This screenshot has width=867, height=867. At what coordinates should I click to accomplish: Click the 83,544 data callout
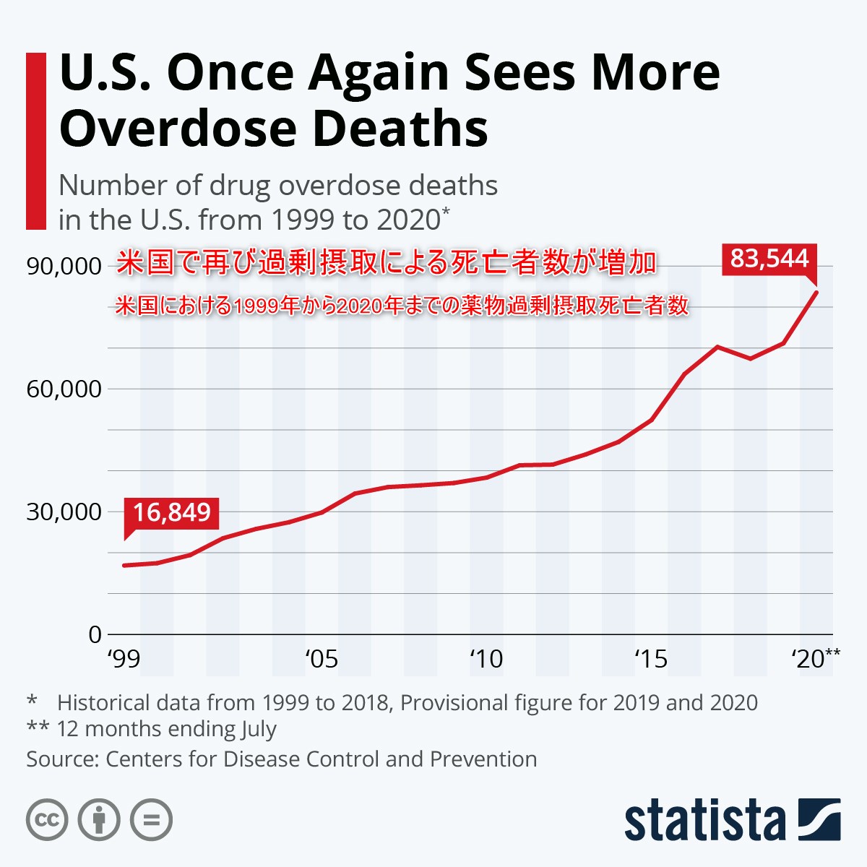pyautogui.click(x=769, y=258)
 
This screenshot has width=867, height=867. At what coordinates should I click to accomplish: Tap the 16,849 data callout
pyautogui.click(x=171, y=512)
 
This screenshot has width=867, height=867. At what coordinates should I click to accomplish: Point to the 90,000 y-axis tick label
pyautogui.click(x=64, y=266)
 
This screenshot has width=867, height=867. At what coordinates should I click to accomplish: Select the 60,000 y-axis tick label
pyautogui.click(x=64, y=389)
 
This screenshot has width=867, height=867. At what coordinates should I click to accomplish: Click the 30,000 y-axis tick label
pyautogui.click(x=64, y=512)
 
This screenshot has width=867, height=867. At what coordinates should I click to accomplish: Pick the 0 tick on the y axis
pyautogui.click(x=95, y=634)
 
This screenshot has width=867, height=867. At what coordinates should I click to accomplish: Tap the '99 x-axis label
pyautogui.click(x=124, y=659)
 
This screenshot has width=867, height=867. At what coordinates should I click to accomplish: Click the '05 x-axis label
pyautogui.click(x=321, y=659)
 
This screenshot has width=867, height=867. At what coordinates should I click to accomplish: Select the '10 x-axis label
pyautogui.click(x=486, y=659)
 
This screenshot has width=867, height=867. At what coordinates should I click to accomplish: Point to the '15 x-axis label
pyautogui.click(x=650, y=659)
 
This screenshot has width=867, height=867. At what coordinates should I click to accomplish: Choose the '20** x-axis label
pyautogui.click(x=815, y=658)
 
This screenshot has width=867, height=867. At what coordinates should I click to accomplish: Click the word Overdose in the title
pyautogui.click(x=177, y=129)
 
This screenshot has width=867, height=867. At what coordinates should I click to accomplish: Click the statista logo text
pyautogui.click(x=704, y=821)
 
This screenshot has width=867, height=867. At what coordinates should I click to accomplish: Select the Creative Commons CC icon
pyautogui.click(x=47, y=820)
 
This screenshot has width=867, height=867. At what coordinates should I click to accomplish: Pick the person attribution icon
pyautogui.click(x=99, y=820)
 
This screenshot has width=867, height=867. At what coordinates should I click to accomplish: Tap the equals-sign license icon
pyautogui.click(x=151, y=820)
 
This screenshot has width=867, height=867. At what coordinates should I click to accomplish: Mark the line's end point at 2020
pyautogui.click(x=816, y=291)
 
